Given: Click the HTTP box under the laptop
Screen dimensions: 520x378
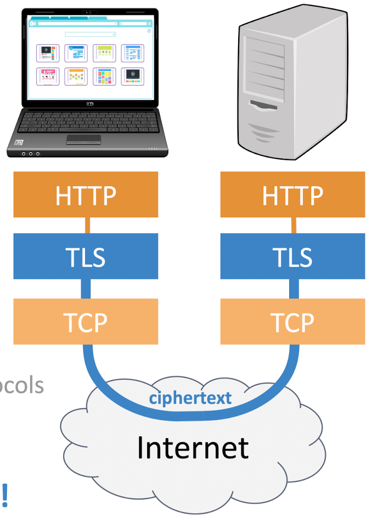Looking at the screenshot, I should [x=86, y=195].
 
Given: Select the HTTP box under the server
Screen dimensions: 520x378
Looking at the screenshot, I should [x=292, y=195].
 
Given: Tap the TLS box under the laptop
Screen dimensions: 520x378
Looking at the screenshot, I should [x=86, y=257].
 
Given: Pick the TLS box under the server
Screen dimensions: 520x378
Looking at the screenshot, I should [x=292, y=257].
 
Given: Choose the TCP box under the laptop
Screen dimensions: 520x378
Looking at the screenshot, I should [x=86, y=322].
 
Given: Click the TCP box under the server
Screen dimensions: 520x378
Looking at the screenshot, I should [x=292, y=322].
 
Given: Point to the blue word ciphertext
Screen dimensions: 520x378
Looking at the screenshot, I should [x=190, y=397].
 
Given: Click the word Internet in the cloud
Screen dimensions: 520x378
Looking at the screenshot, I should [x=192, y=447].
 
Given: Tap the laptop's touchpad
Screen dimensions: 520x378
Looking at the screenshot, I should [x=83, y=139].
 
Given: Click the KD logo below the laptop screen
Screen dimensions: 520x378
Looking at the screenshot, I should [x=89, y=104].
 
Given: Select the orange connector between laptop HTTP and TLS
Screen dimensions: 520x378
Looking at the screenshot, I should [x=87, y=225].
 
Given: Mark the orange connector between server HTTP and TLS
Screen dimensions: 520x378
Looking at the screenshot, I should [x=294, y=225].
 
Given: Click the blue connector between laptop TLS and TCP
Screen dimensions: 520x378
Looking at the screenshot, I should [x=86, y=288].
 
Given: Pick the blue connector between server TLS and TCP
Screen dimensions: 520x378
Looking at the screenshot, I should [x=294, y=288].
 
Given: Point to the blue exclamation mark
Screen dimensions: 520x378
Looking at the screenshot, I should [x=5, y=493].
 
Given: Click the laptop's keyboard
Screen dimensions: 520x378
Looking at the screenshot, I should [x=84, y=122].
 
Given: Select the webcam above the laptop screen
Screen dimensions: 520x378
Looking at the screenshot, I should [x=89, y=12].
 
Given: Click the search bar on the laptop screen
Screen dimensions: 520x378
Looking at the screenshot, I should [x=90, y=34].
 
